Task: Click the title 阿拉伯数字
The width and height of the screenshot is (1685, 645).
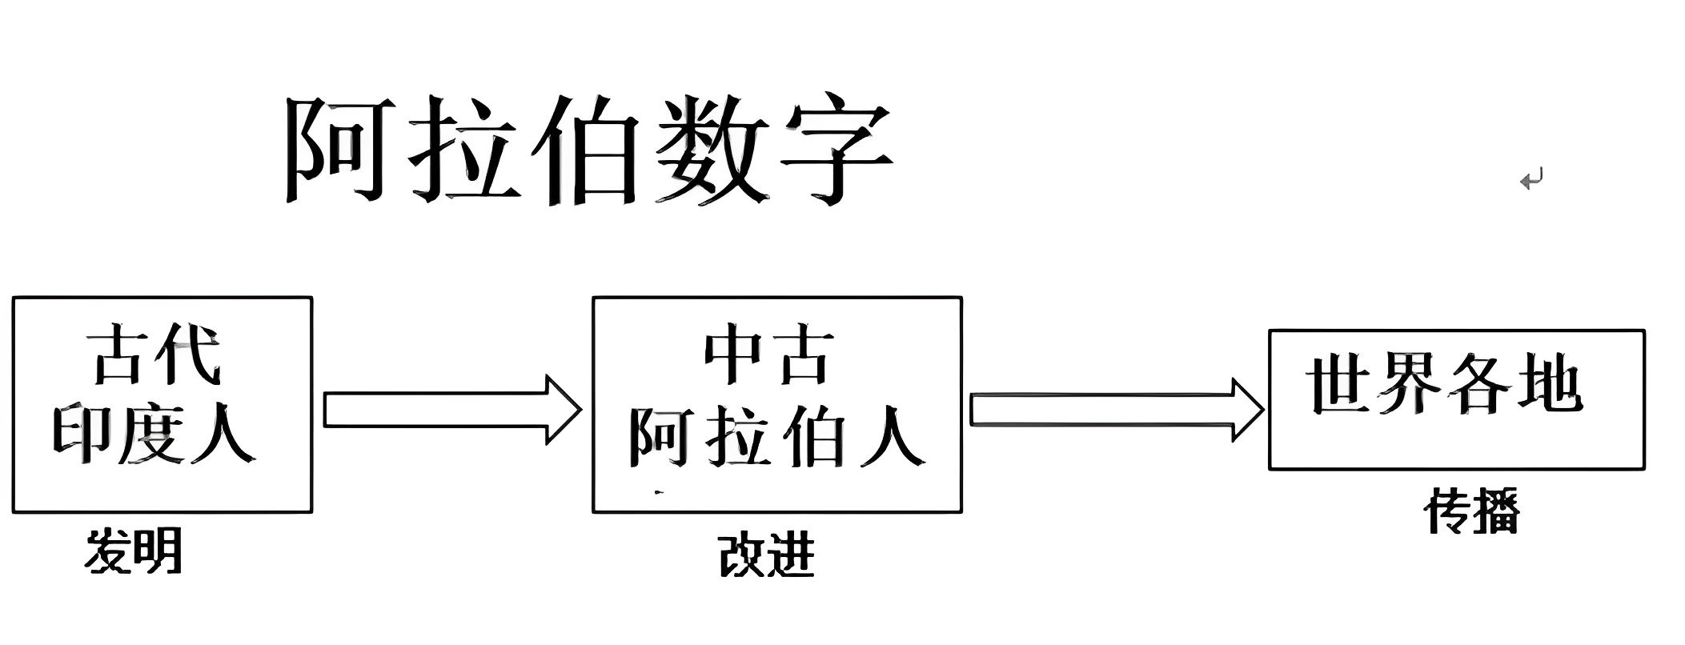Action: pos(588,150)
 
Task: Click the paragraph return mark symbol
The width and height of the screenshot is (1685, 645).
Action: pos(1531,180)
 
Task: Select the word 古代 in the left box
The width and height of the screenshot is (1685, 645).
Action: pos(154,357)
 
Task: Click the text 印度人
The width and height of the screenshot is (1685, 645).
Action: pos(154,435)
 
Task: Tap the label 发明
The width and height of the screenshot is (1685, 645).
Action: pos(134,551)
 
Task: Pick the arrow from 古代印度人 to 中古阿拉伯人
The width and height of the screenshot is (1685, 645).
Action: pos(451,410)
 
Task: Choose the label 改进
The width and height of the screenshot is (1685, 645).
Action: pos(766,555)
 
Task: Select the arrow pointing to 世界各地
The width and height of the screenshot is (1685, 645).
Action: pos(1116,410)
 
